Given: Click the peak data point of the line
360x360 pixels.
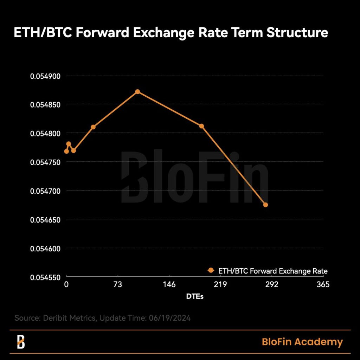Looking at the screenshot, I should click(137, 92).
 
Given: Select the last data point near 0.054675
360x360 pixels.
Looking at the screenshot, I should click(265, 205).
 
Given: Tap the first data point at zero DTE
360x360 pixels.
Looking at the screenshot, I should click(66, 151).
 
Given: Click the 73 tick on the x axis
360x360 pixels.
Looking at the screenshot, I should click(118, 284).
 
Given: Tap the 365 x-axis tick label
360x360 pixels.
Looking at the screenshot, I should click(323, 284).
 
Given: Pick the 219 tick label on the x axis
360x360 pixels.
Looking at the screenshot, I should click(220, 284).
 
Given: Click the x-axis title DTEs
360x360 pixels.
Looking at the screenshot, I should click(195, 296).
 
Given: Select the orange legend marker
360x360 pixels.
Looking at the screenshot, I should click(211, 270).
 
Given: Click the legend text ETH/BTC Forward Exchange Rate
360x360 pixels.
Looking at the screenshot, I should click(273, 271).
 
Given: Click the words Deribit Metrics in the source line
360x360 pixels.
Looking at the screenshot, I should click(69, 318).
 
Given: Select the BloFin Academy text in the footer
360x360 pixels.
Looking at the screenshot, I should click(302, 342).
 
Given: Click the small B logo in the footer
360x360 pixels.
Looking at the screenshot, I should click(21, 342).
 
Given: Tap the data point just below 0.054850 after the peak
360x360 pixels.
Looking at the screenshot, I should click(201, 126).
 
